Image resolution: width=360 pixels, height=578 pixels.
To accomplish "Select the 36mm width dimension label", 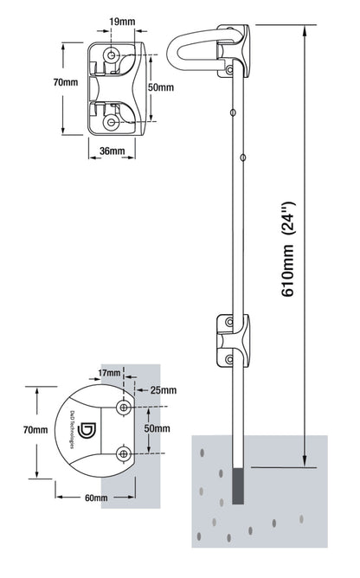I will point(111,151).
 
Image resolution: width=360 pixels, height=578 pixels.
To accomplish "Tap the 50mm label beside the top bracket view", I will point(159,87).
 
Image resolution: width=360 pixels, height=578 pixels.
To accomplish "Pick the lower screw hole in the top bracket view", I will point(112,122).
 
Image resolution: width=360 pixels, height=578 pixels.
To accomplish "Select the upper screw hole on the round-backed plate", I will point(125,407).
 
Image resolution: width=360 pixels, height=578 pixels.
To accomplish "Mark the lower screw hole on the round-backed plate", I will point(125,452).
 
